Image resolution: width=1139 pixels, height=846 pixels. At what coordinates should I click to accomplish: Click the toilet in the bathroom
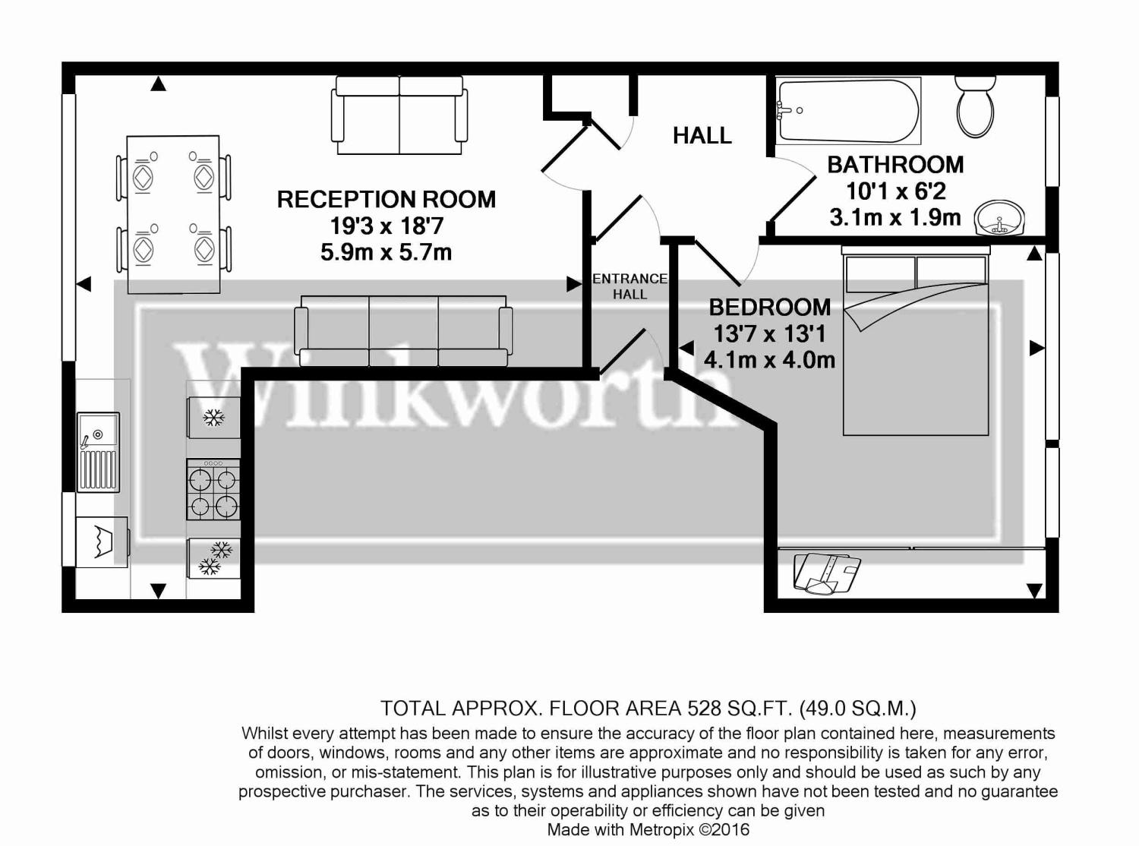point(975,107)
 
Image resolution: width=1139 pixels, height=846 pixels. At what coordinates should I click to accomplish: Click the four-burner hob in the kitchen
point(213,490)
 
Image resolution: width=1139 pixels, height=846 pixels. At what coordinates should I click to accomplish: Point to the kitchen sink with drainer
point(98,451)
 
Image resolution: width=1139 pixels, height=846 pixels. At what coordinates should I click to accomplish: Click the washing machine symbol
point(102,541)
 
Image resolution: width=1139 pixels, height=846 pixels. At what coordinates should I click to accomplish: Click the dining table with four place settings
point(173,214)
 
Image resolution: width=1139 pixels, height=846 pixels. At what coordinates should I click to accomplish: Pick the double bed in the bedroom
point(916,345)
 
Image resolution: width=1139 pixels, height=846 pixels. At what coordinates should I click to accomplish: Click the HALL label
point(702,136)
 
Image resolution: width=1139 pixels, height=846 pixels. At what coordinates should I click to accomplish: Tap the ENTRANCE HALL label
point(629,286)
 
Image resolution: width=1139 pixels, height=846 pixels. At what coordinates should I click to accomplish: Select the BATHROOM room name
point(894,165)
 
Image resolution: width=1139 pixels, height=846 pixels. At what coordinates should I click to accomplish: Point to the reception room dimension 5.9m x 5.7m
point(386,252)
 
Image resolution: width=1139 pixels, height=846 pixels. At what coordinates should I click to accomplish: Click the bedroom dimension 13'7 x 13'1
point(768,333)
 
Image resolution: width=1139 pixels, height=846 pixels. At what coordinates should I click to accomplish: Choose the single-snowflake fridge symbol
point(213,418)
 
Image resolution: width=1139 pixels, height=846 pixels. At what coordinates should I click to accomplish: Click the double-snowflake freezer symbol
point(214,558)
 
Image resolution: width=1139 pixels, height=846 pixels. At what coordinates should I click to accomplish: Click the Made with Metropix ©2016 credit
point(648,829)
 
